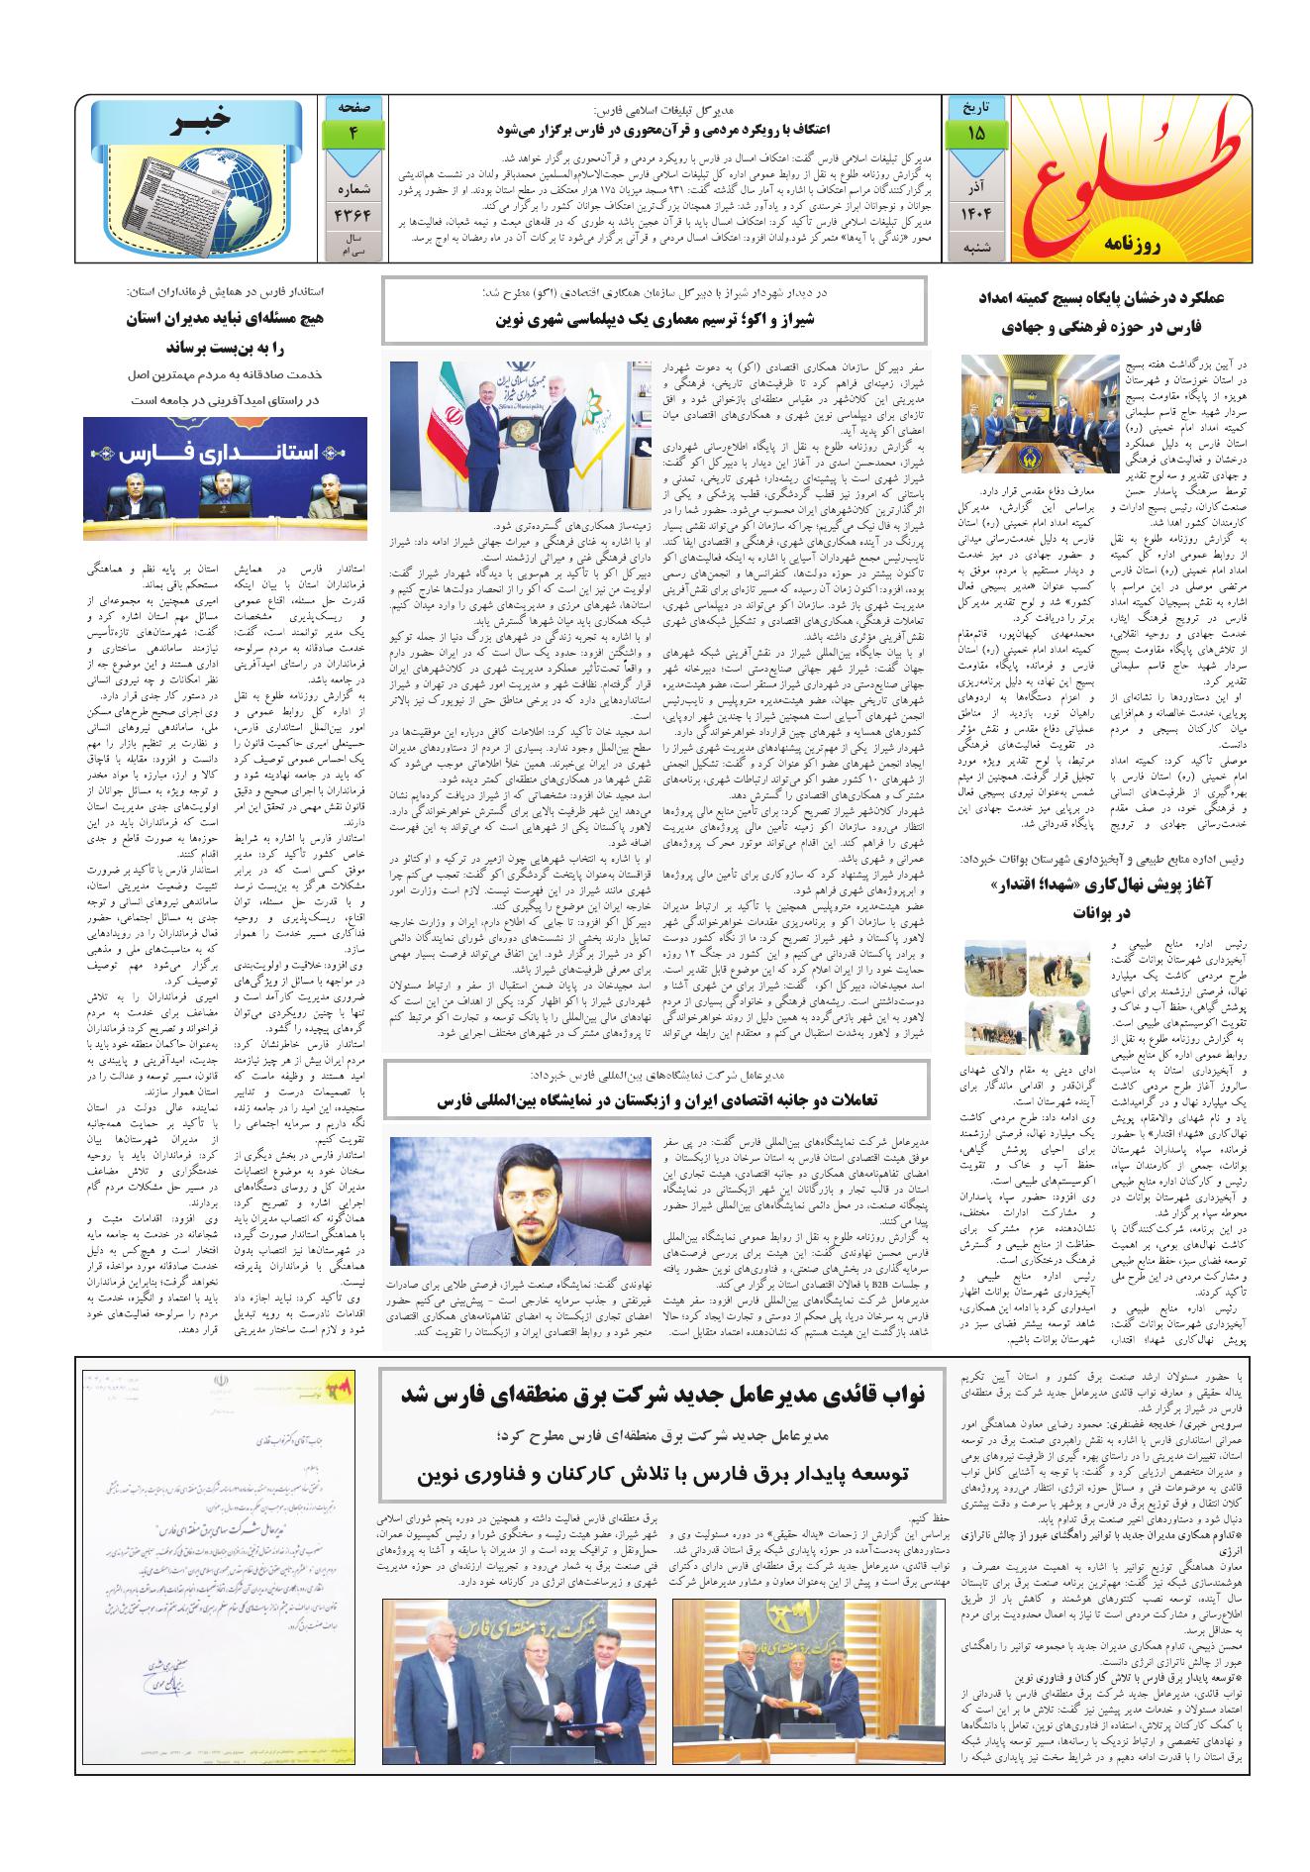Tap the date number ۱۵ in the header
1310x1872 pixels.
coord(977,133)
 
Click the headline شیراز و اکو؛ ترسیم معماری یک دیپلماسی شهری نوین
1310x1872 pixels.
coord(655,319)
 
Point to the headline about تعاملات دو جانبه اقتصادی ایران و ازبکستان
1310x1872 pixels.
coord(655,1099)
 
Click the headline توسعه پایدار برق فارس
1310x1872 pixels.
coord(663,1475)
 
